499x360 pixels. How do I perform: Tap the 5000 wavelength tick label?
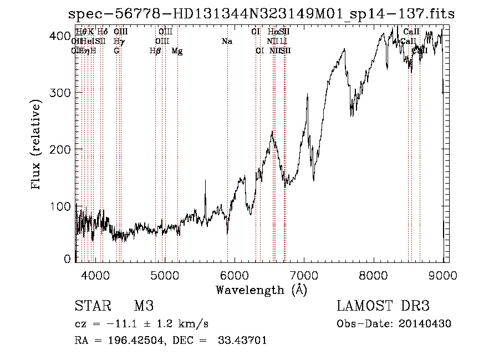[x=165, y=274]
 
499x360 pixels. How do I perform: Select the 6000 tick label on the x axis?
[x=235, y=274]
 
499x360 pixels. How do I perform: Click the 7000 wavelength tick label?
[x=304, y=274]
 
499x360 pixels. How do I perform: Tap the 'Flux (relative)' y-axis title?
[x=37, y=145]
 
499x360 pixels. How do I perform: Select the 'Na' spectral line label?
[x=227, y=42]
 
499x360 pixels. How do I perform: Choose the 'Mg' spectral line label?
[x=177, y=51]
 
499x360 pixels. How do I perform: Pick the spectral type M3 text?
[x=144, y=307]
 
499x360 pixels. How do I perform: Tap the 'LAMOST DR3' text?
[x=383, y=307]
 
